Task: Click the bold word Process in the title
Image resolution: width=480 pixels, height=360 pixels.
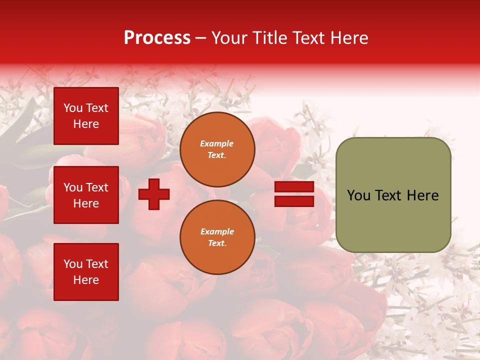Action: [x=157, y=38]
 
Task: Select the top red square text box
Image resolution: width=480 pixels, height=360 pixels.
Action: [x=86, y=116]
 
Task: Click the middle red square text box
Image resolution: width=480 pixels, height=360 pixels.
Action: [x=86, y=195]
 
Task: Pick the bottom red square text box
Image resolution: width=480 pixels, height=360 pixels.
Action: [x=86, y=272]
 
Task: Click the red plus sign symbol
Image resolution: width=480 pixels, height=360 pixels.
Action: [x=154, y=194]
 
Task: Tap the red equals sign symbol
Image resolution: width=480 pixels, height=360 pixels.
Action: [x=294, y=194]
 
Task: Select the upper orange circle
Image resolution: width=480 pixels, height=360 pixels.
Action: [x=217, y=149]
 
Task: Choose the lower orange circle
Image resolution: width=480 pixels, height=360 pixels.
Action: [x=217, y=237]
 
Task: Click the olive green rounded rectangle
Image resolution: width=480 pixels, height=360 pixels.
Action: [x=393, y=195]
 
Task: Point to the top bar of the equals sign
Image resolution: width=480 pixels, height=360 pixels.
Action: [x=294, y=187]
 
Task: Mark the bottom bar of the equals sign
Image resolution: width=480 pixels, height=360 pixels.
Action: [x=294, y=201]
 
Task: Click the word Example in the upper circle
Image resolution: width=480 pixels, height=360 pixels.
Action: [x=217, y=143]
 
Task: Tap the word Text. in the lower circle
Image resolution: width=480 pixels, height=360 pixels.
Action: [x=217, y=243]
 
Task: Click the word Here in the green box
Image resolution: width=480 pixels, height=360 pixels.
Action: [x=423, y=195]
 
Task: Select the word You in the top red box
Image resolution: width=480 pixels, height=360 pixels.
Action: [x=73, y=108]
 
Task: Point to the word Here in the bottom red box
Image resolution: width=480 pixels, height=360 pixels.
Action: [x=86, y=280]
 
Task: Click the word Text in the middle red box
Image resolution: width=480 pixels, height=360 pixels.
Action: [x=97, y=187]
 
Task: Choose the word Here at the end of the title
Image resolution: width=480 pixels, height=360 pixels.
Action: [x=348, y=38]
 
